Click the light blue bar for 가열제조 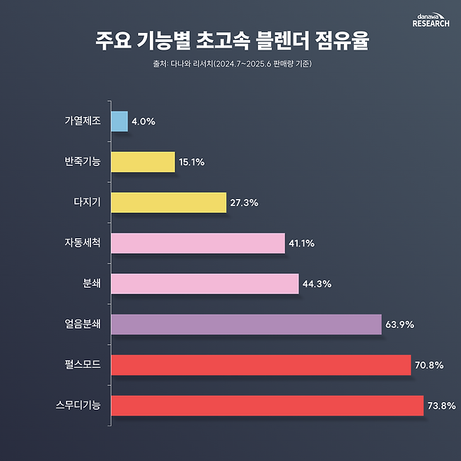point(119,121)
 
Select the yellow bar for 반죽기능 point(142,162)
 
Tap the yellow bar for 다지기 point(168,202)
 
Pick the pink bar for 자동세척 point(198,243)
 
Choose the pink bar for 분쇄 point(205,284)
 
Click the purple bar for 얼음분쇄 point(246,324)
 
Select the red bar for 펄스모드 point(261,365)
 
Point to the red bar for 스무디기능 point(267,406)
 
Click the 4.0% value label point(143,122)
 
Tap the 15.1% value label point(191,163)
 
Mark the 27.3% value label point(244,203)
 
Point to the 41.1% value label point(301,244)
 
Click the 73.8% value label point(441,406)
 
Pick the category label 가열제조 point(81,121)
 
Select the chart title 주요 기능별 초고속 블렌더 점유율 point(230,41)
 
